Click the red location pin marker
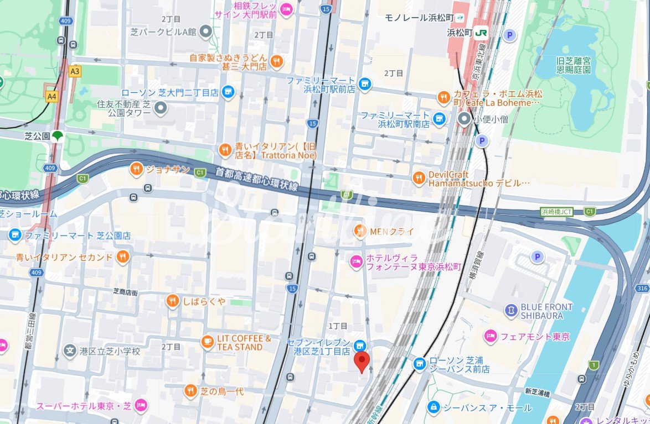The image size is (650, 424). point(362,362)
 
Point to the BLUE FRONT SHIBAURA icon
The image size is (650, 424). point(511,311)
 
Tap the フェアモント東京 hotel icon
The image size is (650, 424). point(490,336)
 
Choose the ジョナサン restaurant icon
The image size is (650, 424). point(136,170)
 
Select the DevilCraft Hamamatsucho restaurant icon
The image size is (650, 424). point(419,177)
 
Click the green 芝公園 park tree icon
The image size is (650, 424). point(58,135)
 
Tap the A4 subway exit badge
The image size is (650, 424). point(52,96)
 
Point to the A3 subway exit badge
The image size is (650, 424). point(75,71)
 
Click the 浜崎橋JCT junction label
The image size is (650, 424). point(557,212)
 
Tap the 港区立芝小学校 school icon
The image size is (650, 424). point(70,350)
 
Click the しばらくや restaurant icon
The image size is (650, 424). point(173,301)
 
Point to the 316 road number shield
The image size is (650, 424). point(642,289)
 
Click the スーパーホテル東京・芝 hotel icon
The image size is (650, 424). point(141,405)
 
